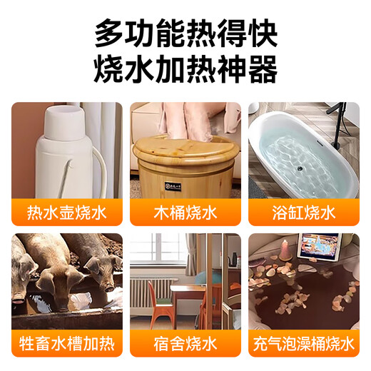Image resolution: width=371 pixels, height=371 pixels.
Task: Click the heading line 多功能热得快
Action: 185,34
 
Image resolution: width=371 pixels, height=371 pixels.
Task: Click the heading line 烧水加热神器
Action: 185,71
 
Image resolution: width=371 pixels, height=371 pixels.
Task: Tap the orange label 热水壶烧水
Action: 66,211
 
